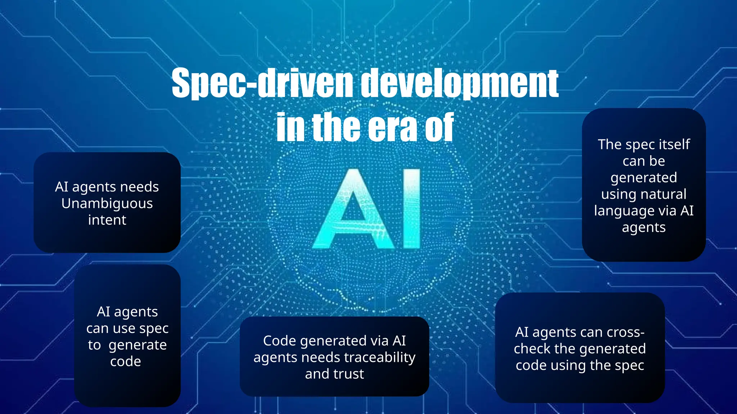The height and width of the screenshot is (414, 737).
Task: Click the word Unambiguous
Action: point(107,204)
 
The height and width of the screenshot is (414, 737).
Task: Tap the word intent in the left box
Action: point(107,220)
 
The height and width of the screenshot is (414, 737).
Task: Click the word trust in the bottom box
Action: point(349,374)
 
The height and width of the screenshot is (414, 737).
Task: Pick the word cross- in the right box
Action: point(625,332)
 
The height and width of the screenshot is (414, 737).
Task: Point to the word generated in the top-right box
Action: point(643,178)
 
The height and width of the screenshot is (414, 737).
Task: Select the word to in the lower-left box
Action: point(94,345)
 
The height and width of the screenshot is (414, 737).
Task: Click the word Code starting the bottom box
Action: point(279,341)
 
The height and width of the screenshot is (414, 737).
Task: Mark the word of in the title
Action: point(439,127)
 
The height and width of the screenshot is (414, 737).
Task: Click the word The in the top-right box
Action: point(610,144)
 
